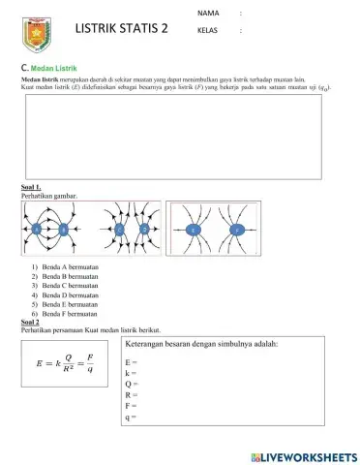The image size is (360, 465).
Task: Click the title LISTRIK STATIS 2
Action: pyautogui.click(x=122, y=29)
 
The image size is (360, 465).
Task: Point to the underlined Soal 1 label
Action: pyautogui.click(x=30, y=187)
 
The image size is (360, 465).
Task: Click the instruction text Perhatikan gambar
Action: pyautogui.click(x=48, y=195)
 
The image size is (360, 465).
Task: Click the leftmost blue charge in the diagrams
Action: pyautogui.click(x=36, y=230)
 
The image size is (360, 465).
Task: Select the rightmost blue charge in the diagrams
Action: pyautogui.click(x=237, y=230)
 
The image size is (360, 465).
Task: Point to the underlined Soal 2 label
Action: pyautogui.click(x=29, y=323)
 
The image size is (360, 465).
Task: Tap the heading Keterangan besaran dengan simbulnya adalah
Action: pyautogui.click(x=202, y=344)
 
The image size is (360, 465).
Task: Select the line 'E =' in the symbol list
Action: pyautogui.click(x=132, y=361)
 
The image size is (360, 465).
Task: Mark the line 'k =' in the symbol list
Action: pyautogui.click(x=131, y=373)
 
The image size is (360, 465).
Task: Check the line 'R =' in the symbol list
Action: pyautogui.click(x=132, y=395)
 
